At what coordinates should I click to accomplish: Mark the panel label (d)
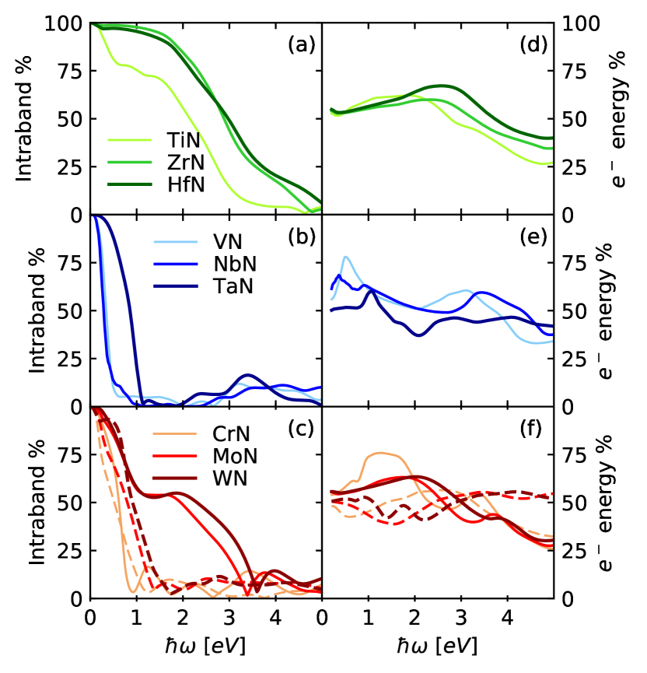click(x=533, y=45)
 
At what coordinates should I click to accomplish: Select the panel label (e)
click(x=533, y=237)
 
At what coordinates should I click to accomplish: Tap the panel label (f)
click(x=533, y=426)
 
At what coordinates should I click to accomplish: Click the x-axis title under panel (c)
click(x=207, y=646)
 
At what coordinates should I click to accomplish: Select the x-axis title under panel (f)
click(x=439, y=646)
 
